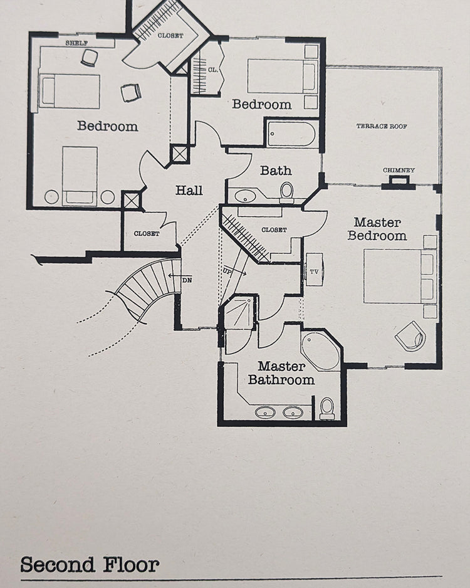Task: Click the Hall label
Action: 189,190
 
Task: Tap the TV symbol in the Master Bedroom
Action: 314,270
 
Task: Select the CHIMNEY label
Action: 399,170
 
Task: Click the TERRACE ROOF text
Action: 382,126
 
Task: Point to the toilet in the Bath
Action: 287,192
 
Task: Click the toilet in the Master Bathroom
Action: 327,408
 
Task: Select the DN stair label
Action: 187,280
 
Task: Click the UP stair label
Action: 227,271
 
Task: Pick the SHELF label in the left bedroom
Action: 76,43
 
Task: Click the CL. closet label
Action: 213,70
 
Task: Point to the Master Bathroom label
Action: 281,373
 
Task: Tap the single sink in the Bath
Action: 245,196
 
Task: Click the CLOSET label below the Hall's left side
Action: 147,233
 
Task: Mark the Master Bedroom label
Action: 377,229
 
